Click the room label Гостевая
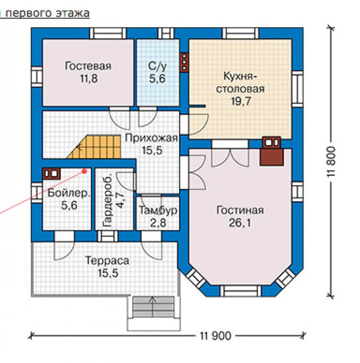[88, 66]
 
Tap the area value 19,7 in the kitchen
[241, 101]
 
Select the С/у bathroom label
[158, 67]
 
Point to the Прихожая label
[151, 138]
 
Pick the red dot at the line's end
[84, 171]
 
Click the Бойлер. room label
[69, 193]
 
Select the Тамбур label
[158, 210]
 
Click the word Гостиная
[240, 210]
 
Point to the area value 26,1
[240, 223]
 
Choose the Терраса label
[107, 260]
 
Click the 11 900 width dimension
[216, 335]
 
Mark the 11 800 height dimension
[331, 162]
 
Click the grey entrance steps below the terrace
[153, 307]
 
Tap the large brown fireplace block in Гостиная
[271, 157]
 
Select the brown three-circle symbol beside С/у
[184, 62]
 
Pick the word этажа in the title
[72, 13]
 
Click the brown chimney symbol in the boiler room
[52, 173]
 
